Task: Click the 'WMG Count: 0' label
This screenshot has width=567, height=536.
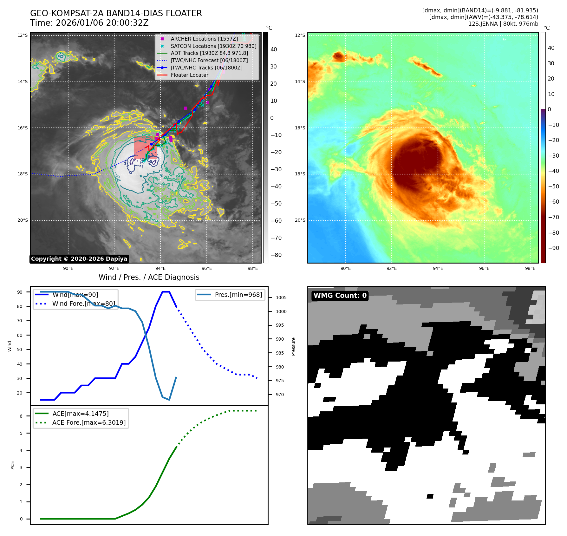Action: coord(340,296)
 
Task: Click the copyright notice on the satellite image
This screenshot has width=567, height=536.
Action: coord(79,259)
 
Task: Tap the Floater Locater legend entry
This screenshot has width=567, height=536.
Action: coord(189,75)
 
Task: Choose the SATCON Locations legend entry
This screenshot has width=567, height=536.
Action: coord(213,46)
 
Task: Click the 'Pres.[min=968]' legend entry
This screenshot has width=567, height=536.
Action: coord(238,295)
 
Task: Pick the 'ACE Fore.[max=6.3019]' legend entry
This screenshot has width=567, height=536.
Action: coord(89,422)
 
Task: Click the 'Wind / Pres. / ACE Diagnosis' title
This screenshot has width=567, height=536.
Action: coord(149,277)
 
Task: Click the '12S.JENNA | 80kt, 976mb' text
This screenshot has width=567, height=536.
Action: coord(503,24)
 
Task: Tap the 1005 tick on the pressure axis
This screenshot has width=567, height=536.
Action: coord(281,297)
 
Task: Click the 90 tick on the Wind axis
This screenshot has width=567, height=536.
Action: coord(20,292)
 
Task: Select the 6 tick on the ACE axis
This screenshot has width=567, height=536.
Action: coord(21,416)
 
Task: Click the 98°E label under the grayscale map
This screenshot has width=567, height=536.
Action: coord(253,268)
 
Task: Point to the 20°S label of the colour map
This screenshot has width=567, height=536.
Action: coord(300,220)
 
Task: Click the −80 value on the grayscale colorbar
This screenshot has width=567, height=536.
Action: coord(276,255)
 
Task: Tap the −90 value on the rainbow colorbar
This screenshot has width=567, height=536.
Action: coord(553,248)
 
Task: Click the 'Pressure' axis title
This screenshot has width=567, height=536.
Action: coord(294,346)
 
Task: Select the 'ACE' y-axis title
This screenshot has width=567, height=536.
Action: coord(13,465)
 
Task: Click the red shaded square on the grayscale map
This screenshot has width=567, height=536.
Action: coord(145,148)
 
